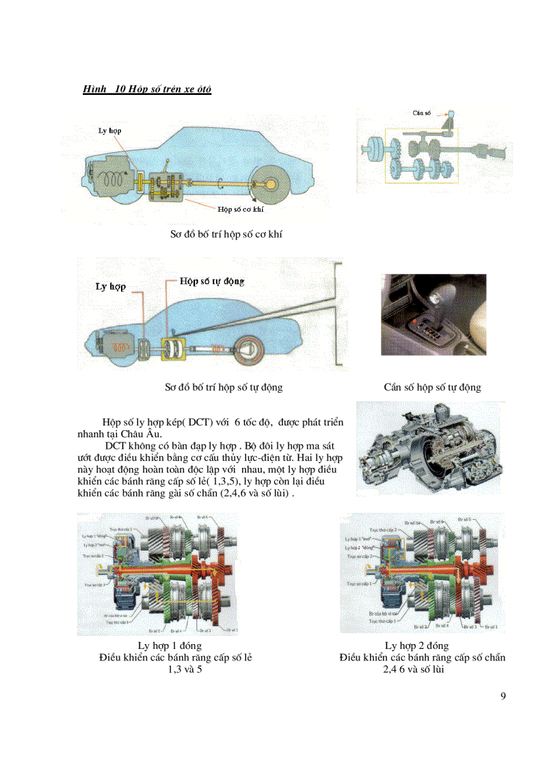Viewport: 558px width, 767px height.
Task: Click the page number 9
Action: tap(503, 696)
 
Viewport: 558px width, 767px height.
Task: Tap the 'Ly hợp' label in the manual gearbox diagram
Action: tap(111, 130)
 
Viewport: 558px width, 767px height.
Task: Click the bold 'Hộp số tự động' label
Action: tap(211, 281)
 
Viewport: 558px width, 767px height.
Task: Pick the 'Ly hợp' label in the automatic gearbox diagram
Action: tap(110, 287)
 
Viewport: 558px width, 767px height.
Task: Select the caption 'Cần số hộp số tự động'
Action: tap(432, 387)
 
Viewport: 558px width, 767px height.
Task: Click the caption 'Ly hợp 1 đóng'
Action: tap(170, 645)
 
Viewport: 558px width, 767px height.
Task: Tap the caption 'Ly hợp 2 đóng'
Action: tap(416, 645)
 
